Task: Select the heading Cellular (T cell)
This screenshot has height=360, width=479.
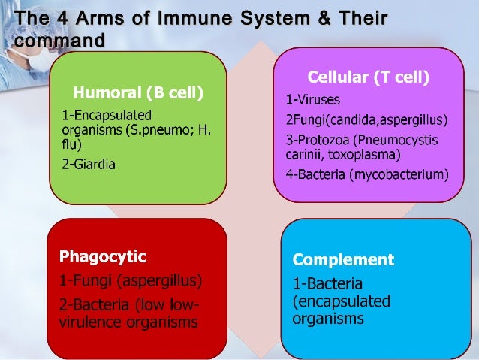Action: tap(368, 77)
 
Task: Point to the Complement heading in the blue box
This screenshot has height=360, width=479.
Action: tap(343, 260)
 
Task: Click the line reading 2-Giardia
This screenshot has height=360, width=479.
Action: tap(89, 164)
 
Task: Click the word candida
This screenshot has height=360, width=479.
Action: tap(347, 119)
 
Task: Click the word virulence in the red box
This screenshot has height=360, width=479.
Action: tap(91, 323)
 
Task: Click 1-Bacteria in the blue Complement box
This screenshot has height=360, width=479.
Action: tap(328, 285)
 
